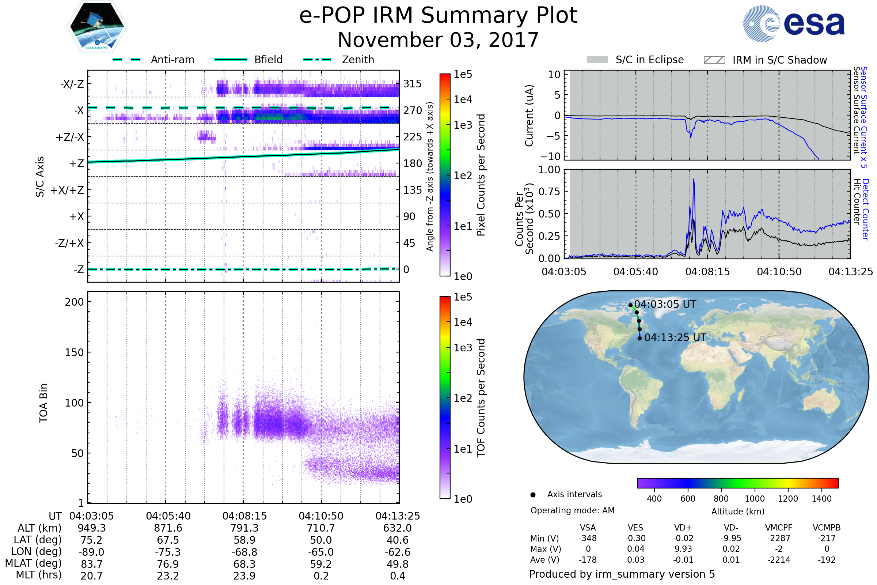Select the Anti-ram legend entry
click(x=172, y=60)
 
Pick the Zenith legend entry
click(x=358, y=60)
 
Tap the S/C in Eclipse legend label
click(x=649, y=60)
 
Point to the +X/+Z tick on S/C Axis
click(x=67, y=190)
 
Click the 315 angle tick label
click(x=412, y=84)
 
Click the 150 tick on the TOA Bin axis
click(x=74, y=352)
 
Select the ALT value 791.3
click(x=244, y=528)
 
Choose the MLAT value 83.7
click(x=91, y=564)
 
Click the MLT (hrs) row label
click(x=38, y=575)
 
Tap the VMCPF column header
click(x=779, y=528)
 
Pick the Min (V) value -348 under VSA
click(x=588, y=538)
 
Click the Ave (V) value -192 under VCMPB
click(x=826, y=560)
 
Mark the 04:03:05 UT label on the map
click(x=665, y=304)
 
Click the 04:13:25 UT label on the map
click(x=675, y=337)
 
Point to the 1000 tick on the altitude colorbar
click(x=754, y=498)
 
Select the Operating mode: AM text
click(x=572, y=510)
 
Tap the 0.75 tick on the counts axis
click(x=549, y=191)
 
